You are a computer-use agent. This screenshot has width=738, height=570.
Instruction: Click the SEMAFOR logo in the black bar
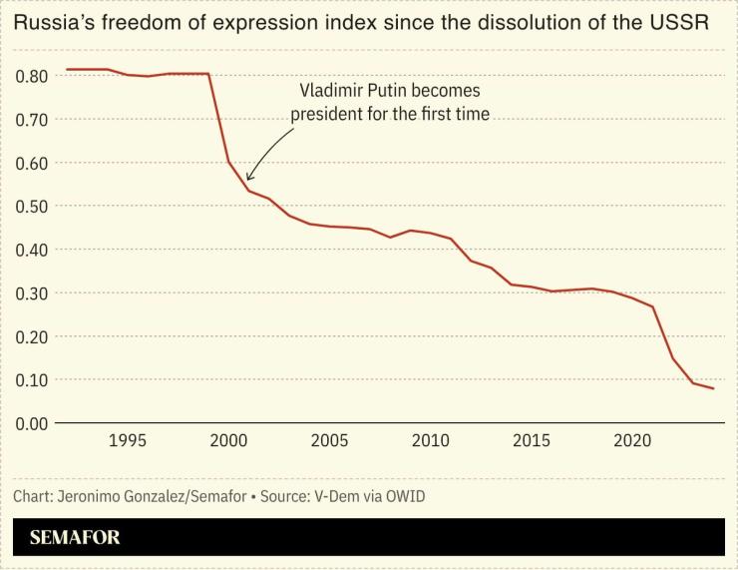point(74,537)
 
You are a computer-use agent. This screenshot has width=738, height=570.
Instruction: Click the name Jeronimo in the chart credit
point(90,496)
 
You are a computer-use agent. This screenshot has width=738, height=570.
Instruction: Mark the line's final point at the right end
point(714,388)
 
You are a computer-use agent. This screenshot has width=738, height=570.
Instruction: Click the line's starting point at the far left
point(67,70)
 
